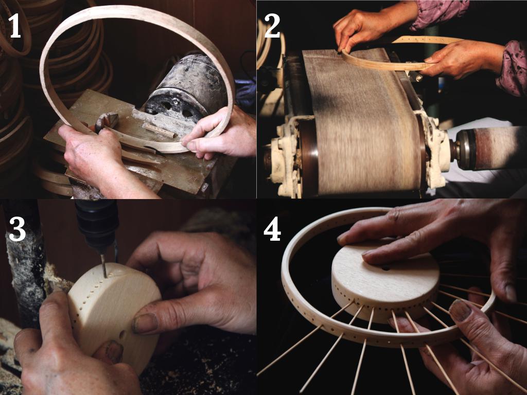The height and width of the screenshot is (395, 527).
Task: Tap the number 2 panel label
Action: point(272,26)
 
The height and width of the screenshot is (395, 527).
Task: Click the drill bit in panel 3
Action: point(104,265)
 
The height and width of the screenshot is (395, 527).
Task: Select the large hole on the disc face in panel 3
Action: point(122,334)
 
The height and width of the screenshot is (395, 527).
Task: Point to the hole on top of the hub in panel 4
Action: point(385,268)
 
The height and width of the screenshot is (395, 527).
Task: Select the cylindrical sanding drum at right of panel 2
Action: point(490,148)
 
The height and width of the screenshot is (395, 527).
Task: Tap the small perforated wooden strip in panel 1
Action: point(159,130)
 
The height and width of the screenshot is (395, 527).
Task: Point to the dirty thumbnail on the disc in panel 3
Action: point(145,323)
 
